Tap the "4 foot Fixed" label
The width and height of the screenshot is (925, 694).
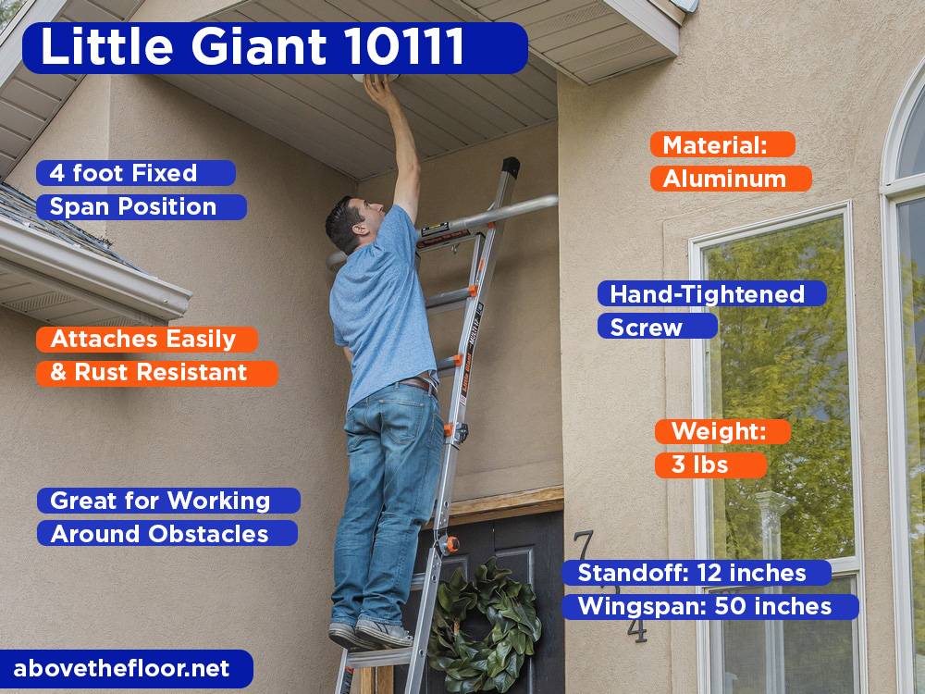click(x=136, y=173)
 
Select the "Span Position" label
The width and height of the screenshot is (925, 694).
click(x=142, y=206)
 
